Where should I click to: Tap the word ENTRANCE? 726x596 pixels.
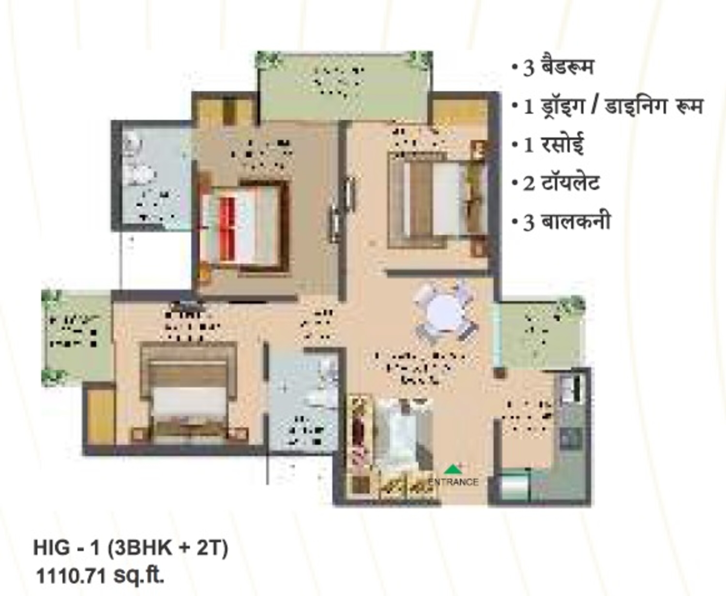click(453, 482)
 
